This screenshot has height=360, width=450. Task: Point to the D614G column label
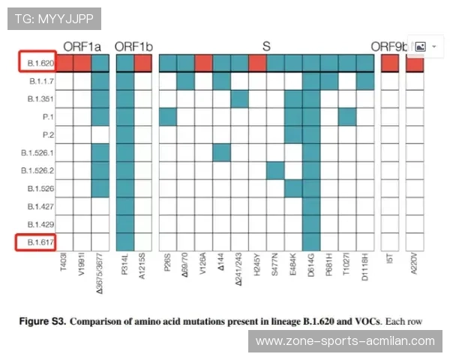(x=312, y=265)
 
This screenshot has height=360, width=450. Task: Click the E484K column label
(x=294, y=265)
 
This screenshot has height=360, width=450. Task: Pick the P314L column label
(x=125, y=265)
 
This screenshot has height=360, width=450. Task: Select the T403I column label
(x=64, y=265)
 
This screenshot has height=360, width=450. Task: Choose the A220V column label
(x=415, y=265)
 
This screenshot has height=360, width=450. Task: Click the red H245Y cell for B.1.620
(x=257, y=63)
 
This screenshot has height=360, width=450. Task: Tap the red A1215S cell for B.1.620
(x=143, y=63)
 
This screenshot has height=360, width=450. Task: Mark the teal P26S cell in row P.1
(x=167, y=116)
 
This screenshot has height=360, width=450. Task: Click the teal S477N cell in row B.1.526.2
(x=275, y=170)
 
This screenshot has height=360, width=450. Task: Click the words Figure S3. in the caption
(x=43, y=322)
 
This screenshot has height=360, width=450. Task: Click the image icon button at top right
(x=420, y=46)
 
